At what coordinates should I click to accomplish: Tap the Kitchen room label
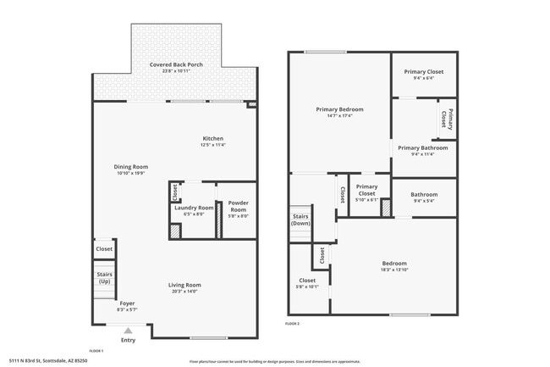pyautogui.click(x=212, y=139)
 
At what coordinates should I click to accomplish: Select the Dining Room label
pyautogui.click(x=131, y=167)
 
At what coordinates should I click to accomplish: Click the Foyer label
pyautogui.click(x=127, y=303)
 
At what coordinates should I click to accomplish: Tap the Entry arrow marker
pyautogui.click(x=128, y=331)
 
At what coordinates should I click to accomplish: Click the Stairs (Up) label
pyautogui.click(x=104, y=277)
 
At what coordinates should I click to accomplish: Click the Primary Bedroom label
pyautogui.click(x=339, y=109)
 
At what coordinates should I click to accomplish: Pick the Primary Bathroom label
pyautogui.click(x=421, y=147)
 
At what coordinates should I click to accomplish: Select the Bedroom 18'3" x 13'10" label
pyautogui.click(x=394, y=263)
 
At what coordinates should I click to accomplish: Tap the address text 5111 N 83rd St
pyautogui.click(x=47, y=361)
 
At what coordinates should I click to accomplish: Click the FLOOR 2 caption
pyautogui.click(x=293, y=324)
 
